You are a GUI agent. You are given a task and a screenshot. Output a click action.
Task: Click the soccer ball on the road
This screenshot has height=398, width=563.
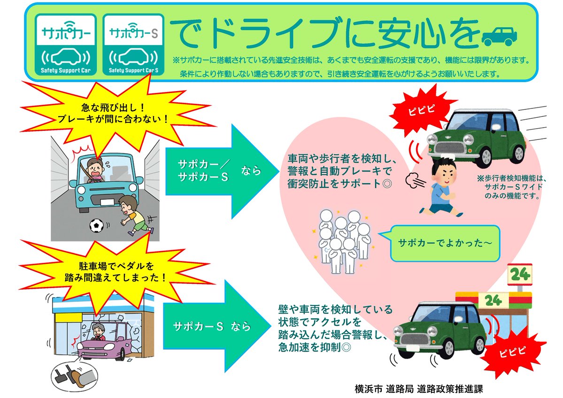coord(96,226)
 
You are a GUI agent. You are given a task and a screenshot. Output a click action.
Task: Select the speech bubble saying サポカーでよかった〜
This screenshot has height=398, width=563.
coord(438,243)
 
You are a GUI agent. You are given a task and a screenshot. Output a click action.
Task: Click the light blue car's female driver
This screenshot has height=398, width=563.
coord(97,169)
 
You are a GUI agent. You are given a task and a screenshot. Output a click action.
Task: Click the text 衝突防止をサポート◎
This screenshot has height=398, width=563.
coord(332,184)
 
